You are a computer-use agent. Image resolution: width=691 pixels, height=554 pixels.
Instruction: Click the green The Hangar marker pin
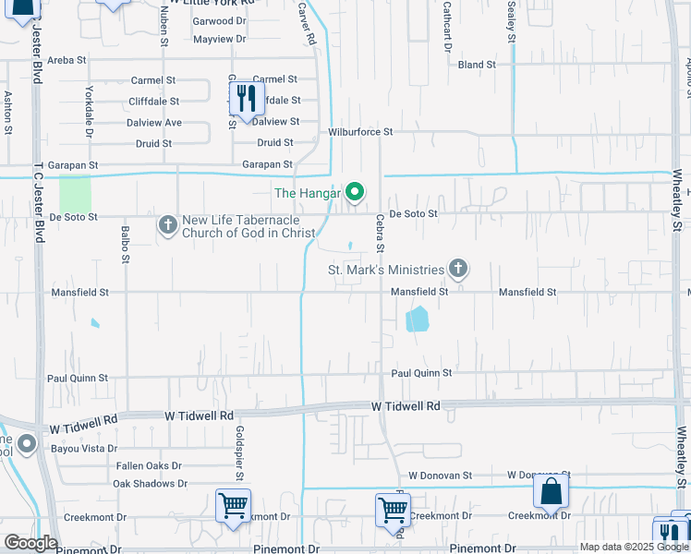355,193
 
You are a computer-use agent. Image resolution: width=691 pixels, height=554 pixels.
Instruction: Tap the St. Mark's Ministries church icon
456,270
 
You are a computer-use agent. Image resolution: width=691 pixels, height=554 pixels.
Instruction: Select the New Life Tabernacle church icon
167,224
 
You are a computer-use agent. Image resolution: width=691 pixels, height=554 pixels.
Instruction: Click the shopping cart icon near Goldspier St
233,506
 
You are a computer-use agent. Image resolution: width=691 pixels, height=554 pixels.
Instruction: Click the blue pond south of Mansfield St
418,319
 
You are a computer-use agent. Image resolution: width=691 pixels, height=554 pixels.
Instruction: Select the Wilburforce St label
360,132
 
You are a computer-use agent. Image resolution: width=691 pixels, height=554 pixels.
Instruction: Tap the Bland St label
477,65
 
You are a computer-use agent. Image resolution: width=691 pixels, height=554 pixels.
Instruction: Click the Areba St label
67,59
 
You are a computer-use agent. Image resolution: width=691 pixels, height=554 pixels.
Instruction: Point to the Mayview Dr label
220,39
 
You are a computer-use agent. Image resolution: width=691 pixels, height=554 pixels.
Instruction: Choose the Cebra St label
380,234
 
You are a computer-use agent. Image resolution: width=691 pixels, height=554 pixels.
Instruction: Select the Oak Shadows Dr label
150,483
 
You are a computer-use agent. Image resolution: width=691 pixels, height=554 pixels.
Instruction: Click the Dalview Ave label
154,122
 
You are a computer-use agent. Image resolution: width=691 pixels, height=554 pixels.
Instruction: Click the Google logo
30,543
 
